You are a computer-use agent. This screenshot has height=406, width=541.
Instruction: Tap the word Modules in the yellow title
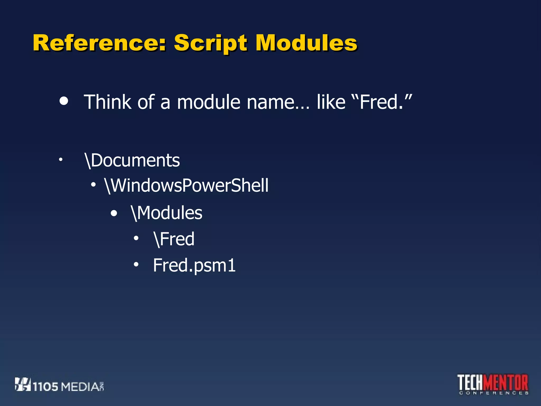[306, 43]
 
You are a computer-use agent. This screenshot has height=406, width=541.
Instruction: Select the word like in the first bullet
[331, 102]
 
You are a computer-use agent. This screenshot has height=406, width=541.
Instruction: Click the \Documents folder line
[132, 160]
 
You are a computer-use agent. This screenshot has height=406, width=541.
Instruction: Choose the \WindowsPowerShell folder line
[186, 185]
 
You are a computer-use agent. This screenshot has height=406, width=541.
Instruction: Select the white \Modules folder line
[167, 213]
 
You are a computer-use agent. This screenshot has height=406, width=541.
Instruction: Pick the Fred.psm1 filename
[194, 265]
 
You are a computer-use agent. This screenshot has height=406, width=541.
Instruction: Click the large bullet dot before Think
[64, 101]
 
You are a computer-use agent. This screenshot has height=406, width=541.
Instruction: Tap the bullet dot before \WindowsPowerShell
[93, 185]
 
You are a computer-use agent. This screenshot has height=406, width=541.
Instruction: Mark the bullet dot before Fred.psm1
[136, 264]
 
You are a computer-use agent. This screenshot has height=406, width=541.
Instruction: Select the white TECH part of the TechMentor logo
[470, 382]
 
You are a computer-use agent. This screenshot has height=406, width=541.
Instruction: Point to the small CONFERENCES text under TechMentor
[493, 393]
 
